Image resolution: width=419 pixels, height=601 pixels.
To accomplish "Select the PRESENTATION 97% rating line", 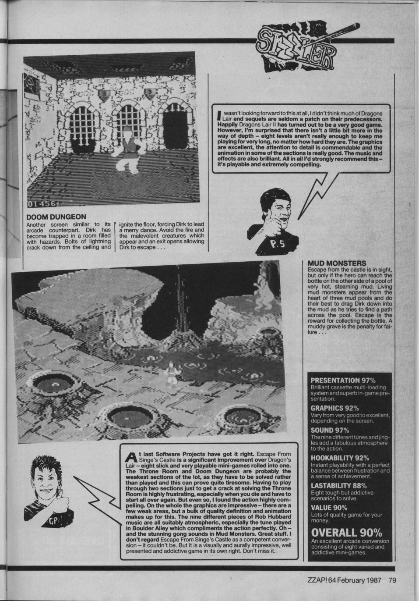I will coord(343,381).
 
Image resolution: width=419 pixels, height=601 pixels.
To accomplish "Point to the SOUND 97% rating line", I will coord(330,430).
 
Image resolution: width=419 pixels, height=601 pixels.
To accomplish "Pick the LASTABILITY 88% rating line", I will coord(338,486).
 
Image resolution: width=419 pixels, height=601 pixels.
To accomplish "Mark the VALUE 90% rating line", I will coord(329,508).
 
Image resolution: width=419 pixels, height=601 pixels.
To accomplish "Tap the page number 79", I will coord(392,580).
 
